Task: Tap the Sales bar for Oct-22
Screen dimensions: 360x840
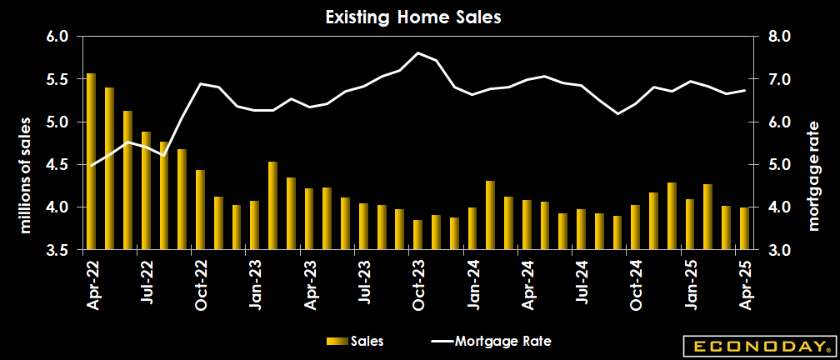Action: click(x=200, y=209)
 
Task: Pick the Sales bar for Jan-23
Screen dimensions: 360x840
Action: click(x=254, y=224)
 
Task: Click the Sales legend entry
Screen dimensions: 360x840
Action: click(x=356, y=341)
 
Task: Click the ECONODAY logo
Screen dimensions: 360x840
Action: click(x=757, y=345)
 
